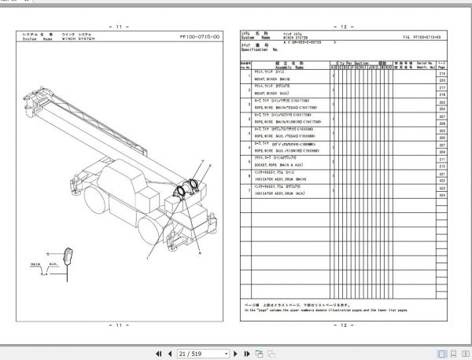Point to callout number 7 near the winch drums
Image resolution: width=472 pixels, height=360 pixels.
[x=201, y=161]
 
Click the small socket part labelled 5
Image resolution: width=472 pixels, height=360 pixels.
[x=68, y=256]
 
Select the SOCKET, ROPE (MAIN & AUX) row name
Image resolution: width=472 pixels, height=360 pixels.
[x=279, y=166]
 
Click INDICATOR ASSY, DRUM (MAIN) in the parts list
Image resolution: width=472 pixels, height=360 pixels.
[x=280, y=178]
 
